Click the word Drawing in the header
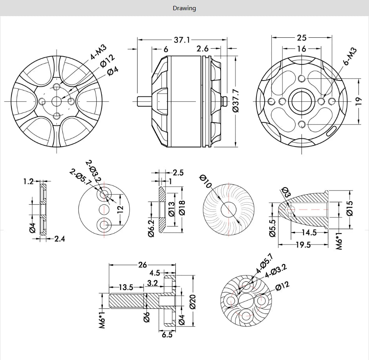coord(184,8)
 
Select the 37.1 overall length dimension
coord(182,40)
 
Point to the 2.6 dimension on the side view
coord(203,49)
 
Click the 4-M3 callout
coord(98,53)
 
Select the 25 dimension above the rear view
coord(301,38)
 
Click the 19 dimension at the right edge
coord(358,101)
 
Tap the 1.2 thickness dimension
coord(28,182)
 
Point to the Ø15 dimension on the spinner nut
coord(350,208)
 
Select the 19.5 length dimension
coord(303,245)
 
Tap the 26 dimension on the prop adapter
coord(142,264)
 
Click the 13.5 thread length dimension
coord(126,287)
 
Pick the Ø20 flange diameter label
coord(193,301)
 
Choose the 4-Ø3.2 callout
coord(276,271)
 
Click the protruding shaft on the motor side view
coord(143,101)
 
